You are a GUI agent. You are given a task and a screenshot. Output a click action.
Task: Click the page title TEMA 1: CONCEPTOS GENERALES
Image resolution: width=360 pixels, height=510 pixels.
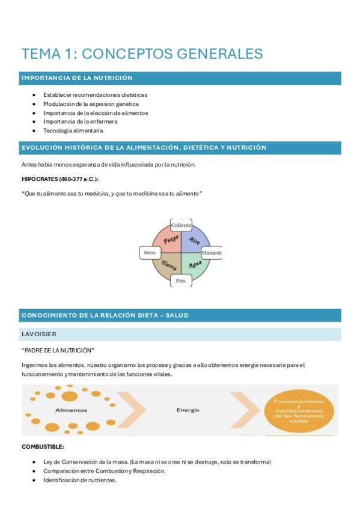pyautogui.click(x=142, y=54)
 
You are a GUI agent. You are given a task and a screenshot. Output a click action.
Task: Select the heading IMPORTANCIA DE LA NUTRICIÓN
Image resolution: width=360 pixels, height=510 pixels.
pyautogui.click(x=77, y=78)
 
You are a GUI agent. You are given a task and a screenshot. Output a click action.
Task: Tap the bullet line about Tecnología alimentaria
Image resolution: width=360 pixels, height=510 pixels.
pyautogui.click(x=73, y=131)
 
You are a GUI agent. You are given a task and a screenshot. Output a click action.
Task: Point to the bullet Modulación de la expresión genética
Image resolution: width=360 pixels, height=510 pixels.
pyautogui.click(x=91, y=104)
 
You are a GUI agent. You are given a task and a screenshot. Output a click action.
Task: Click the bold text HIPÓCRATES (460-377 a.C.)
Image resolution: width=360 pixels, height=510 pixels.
pyautogui.click(x=60, y=179)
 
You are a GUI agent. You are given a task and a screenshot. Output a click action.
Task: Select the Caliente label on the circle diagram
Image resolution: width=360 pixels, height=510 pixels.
pyautogui.click(x=181, y=225)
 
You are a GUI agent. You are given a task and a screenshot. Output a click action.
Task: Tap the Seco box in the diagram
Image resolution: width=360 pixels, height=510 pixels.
pyautogui.click(x=150, y=253)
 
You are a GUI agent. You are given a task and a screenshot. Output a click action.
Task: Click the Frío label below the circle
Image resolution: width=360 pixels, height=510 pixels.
pyautogui.click(x=181, y=281)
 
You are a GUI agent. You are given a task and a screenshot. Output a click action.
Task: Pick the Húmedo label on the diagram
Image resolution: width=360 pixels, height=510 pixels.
pyautogui.click(x=212, y=253)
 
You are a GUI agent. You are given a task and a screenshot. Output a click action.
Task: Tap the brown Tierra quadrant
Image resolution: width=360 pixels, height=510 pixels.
pyautogui.click(x=169, y=265)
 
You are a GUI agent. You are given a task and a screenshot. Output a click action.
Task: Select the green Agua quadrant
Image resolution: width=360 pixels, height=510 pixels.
pyautogui.click(x=194, y=265)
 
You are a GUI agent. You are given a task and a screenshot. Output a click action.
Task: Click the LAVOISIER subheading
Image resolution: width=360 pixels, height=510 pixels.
pyautogui.click(x=39, y=334)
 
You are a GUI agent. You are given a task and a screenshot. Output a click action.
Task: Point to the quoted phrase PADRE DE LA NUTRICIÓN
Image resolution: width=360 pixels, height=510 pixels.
pyautogui.click(x=58, y=350)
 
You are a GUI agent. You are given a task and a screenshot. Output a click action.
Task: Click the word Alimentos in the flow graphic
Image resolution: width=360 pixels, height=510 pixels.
pyautogui.click(x=71, y=411)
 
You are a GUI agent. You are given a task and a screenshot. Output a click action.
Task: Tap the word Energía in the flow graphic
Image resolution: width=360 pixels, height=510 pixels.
pyautogui.click(x=188, y=410)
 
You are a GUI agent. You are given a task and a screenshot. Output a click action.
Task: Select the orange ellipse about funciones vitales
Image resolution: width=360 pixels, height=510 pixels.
pyautogui.click(x=299, y=411)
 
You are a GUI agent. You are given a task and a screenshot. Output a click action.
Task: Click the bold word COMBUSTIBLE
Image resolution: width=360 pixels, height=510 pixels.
pyautogui.click(x=43, y=447)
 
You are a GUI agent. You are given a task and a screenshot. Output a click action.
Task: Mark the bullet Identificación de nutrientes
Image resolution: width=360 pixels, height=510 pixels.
pyautogui.click(x=80, y=480)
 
